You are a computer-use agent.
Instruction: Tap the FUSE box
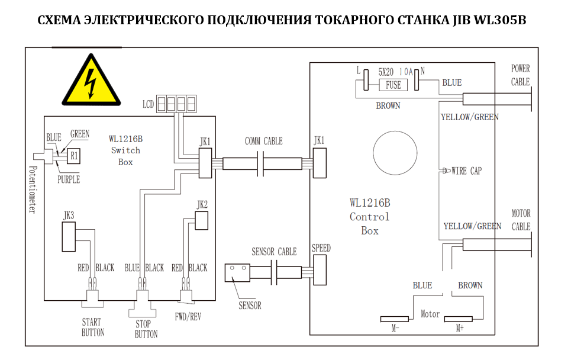(393, 85)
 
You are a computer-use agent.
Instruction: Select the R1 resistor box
(73, 156)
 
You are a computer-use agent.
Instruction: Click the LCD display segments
(176, 105)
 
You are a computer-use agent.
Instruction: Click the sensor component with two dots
(237, 272)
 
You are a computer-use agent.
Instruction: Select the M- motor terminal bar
(395, 319)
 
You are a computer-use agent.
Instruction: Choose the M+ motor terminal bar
(460, 319)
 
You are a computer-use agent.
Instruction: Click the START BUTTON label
(92, 327)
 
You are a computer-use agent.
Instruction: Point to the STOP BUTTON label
(146, 329)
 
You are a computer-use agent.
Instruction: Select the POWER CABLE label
(521, 75)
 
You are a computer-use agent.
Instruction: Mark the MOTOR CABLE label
(521, 220)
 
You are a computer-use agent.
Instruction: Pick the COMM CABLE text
(263, 141)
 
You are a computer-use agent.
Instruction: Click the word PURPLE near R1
(69, 179)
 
